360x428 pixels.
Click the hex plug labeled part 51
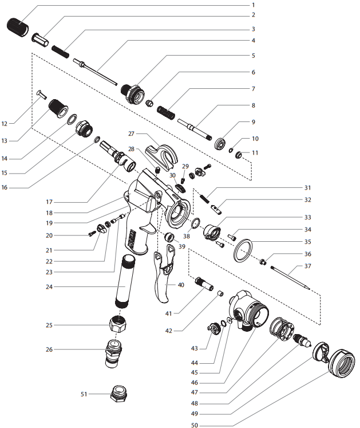[120, 395]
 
